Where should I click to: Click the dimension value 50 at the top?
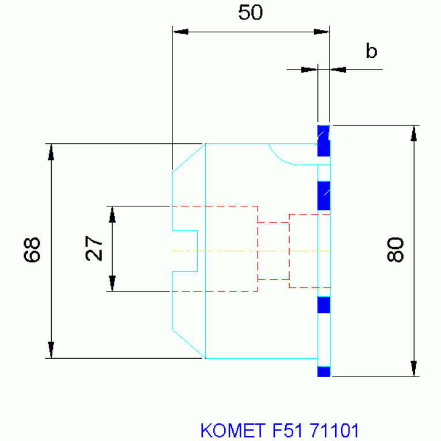tap(250, 13)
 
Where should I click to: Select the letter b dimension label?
tap(371, 51)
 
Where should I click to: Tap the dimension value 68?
tap(32, 250)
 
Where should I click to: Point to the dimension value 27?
tap(94, 248)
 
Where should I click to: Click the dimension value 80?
tap(395, 250)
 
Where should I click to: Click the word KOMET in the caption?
tap(233, 430)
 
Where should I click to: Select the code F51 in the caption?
tap(287, 430)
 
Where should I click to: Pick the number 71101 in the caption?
tap(334, 430)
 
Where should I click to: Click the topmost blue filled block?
tap(324, 141)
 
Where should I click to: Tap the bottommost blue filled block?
tap(324, 371)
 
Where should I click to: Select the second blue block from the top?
tap(324, 195)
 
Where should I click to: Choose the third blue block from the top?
tap(324, 305)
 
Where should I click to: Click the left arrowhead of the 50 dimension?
tap(180, 32)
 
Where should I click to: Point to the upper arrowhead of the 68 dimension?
tap(51, 152)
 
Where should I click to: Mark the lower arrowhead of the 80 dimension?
tap(414, 368)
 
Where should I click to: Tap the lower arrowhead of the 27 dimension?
tap(112, 283)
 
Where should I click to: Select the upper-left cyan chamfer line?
tap(189, 158)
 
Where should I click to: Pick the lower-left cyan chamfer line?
tap(189, 344)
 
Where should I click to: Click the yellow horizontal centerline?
tap(251, 251)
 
